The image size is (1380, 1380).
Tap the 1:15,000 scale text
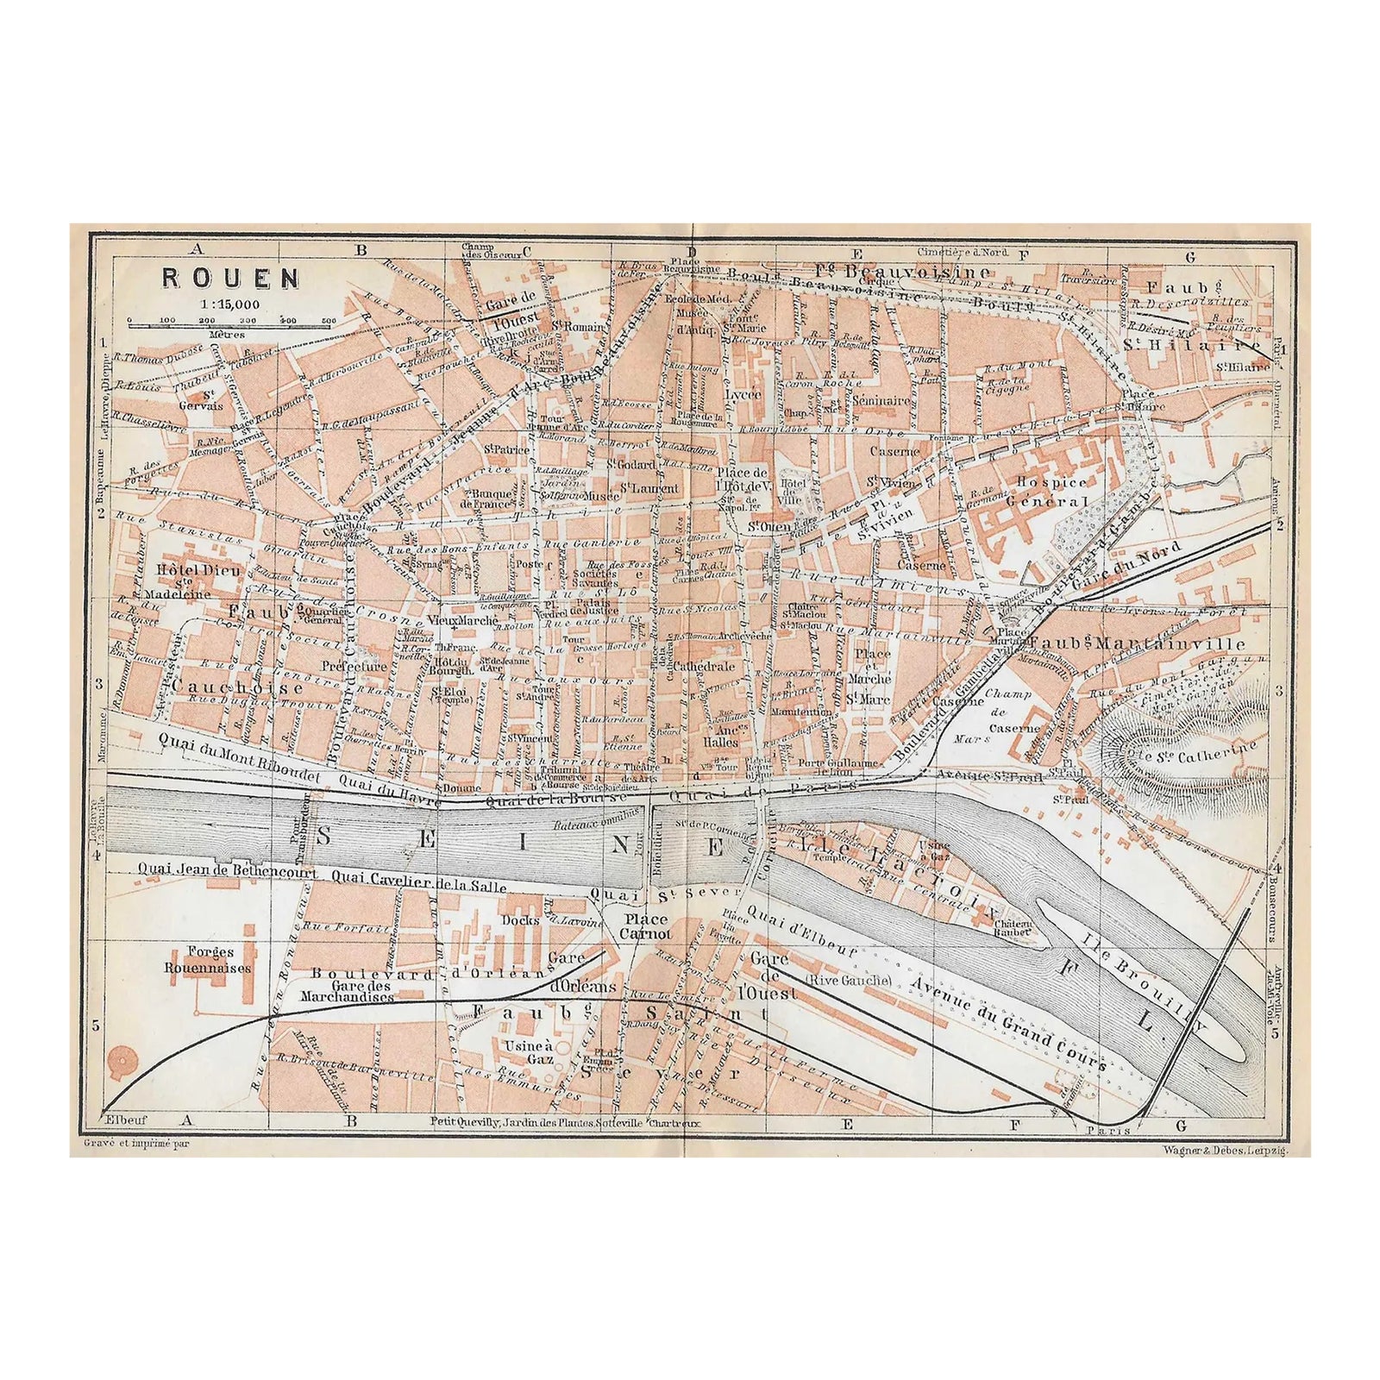pos(228,304)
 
